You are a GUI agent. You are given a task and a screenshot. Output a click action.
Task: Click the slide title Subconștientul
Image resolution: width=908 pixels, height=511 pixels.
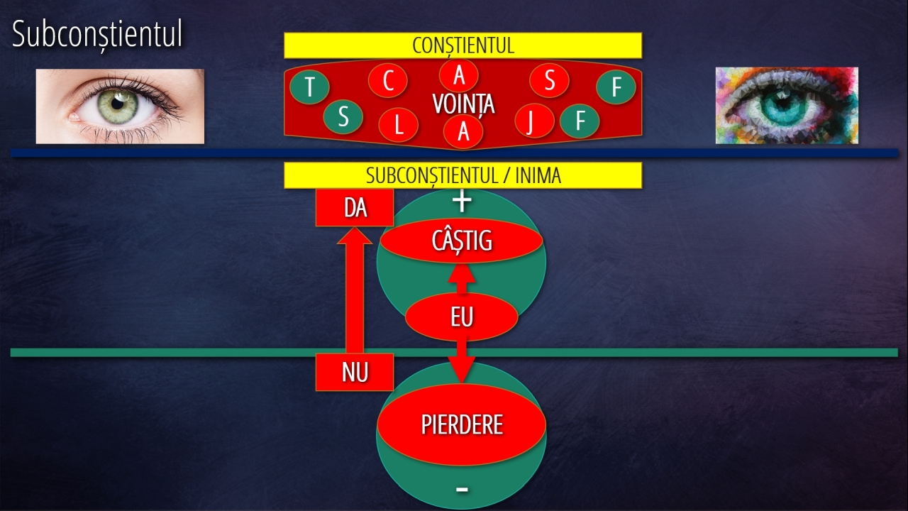coord(97,35)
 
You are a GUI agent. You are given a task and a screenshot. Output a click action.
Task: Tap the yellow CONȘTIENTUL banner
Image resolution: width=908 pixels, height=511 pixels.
coord(463,45)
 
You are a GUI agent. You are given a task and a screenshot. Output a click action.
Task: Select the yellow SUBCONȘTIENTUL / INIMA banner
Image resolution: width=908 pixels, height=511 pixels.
coord(463,175)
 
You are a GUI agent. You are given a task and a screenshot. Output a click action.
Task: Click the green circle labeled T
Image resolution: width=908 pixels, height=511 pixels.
coord(310,86)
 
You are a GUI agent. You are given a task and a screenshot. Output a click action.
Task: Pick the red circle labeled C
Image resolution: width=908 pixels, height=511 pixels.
coord(388,80)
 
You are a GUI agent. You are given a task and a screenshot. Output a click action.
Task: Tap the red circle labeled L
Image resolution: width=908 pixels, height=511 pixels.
coord(399,125)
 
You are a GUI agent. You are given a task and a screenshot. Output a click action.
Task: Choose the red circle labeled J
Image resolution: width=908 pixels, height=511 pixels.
coord(534,121)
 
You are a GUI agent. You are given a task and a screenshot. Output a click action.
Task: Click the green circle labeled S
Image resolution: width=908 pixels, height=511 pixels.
coord(343,117)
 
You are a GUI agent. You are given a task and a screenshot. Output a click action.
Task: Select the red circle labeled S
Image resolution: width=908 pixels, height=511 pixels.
coord(549,80)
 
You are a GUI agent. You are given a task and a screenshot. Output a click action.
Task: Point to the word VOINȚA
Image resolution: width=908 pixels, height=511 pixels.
coord(463,104)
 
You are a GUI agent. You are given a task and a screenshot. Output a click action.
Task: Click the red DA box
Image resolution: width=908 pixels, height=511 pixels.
coord(355,208)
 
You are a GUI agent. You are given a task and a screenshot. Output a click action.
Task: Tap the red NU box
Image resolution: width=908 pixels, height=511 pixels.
coord(355,372)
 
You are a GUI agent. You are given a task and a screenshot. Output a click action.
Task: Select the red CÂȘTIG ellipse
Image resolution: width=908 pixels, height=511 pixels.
coord(461,241)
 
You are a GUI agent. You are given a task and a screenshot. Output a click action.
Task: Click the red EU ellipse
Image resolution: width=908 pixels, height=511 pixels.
coord(462,317)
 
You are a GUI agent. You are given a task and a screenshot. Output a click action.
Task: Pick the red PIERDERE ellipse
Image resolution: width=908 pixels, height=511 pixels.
coord(462,424)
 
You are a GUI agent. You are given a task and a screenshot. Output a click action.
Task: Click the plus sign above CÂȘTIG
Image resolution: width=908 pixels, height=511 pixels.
coord(462,202)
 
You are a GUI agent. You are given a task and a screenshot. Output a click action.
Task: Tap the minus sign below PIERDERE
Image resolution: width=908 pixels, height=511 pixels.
coord(462,490)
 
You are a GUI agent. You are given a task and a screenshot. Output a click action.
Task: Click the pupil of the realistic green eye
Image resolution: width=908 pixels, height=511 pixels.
coord(118,104)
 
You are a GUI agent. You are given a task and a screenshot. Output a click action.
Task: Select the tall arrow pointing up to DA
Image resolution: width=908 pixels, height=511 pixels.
coord(355,290)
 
